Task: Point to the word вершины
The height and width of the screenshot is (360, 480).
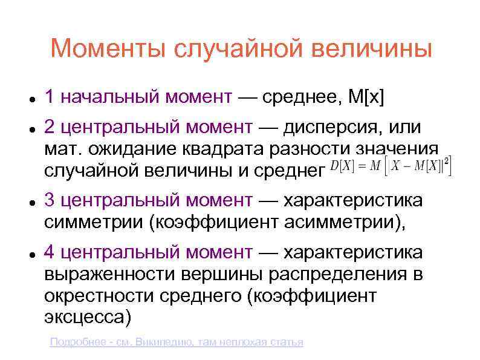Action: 222,274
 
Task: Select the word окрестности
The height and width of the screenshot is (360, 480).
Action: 94,296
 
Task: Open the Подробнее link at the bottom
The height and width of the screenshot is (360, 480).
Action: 176,342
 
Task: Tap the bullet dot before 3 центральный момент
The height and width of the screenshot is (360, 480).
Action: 30,201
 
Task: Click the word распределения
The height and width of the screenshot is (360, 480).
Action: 338,274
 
